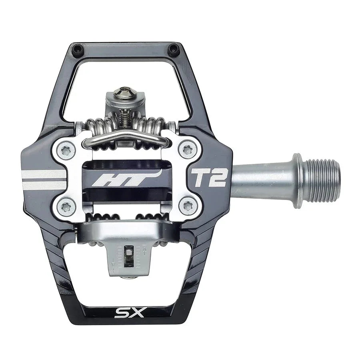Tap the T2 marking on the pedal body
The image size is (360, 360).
click(x=209, y=178)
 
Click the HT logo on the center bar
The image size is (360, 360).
click(x=126, y=178)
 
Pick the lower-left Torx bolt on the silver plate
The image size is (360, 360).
click(x=66, y=206)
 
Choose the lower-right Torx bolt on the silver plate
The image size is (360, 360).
click(x=187, y=206)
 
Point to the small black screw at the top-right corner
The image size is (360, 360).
click(x=173, y=49)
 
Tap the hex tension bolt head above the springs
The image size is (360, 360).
click(x=125, y=92)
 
